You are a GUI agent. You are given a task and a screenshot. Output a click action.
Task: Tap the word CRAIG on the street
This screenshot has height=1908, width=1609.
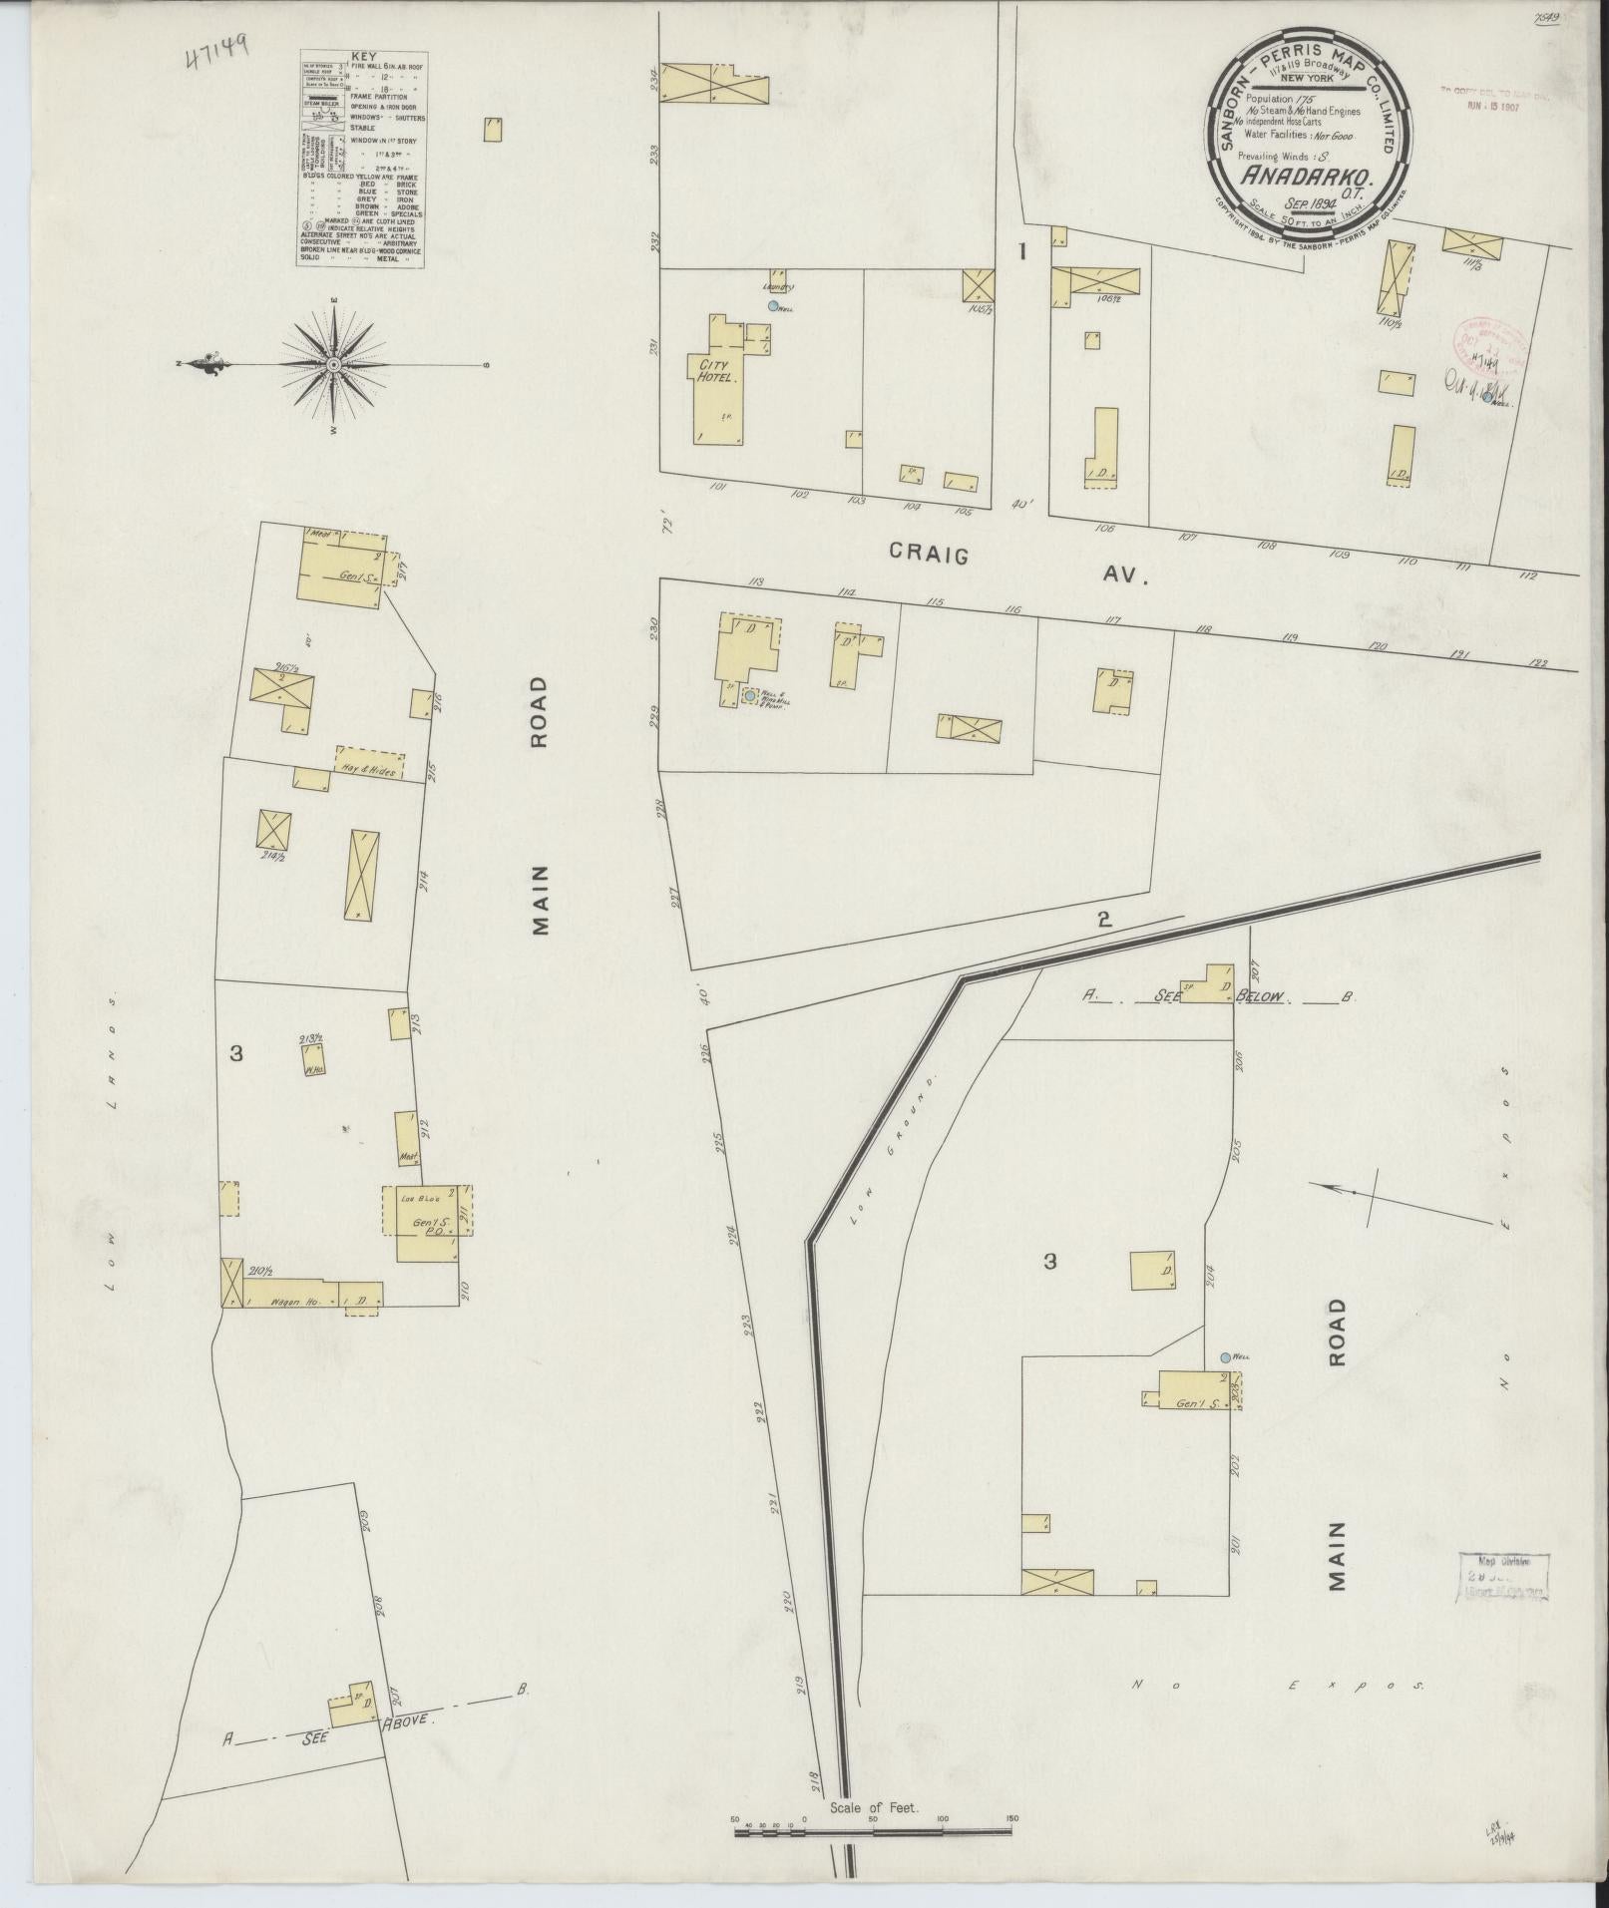coord(929,555)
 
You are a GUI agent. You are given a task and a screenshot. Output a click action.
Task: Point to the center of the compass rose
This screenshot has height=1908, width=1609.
coord(333,365)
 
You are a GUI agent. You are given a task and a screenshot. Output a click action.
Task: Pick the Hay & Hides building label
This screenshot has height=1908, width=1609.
coord(370,772)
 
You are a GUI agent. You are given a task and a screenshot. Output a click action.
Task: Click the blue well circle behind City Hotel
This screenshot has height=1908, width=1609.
coord(772,306)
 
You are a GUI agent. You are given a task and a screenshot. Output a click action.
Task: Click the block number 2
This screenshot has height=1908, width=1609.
coord(1103,920)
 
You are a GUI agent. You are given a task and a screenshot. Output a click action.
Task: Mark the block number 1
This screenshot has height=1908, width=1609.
coord(1021,252)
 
